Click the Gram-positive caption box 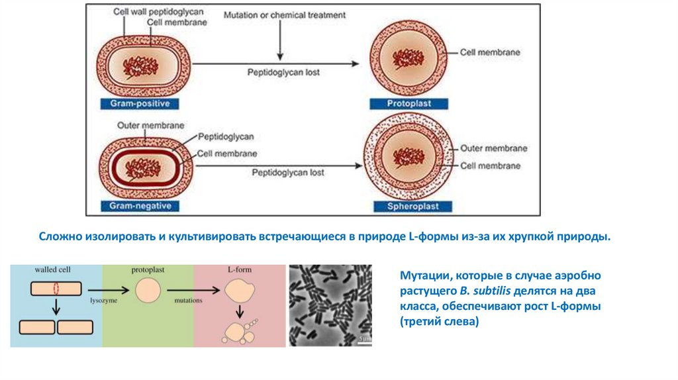[x=140, y=104]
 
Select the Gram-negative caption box [x=140, y=206]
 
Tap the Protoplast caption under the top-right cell [x=409, y=104]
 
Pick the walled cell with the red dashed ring [x=56, y=289]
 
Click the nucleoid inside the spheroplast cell [x=409, y=158]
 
